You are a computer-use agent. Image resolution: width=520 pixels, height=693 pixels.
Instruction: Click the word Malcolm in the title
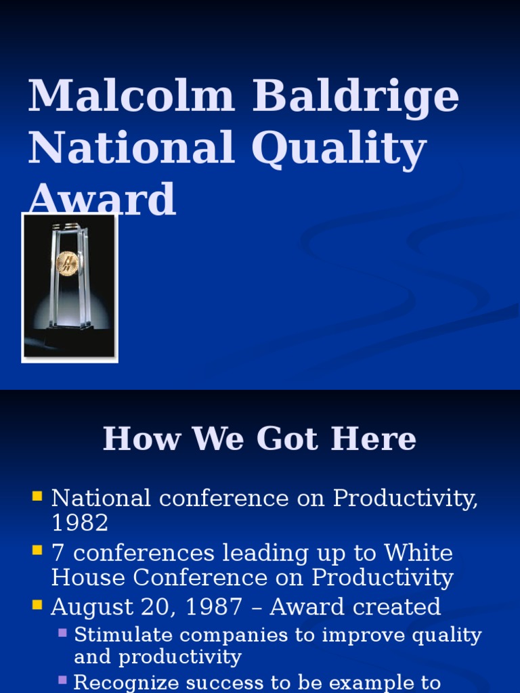[x=131, y=96]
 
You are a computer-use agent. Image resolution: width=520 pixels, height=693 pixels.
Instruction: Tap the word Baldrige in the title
[x=355, y=96]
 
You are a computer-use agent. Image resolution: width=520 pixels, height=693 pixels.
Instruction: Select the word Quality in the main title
[x=339, y=149]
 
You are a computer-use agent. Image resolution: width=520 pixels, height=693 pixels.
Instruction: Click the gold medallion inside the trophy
[x=67, y=263]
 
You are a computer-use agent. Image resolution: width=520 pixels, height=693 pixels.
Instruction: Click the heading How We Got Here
[x=259, y=439]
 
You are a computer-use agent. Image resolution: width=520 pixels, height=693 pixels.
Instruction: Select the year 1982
[x=79, y=523]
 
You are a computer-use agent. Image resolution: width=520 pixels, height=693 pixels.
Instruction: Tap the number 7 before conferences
[x=58, y=553]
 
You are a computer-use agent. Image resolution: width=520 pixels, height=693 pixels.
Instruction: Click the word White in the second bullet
[x=418, y=553]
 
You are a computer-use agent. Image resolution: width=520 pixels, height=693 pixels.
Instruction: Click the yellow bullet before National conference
[x=37, y=497]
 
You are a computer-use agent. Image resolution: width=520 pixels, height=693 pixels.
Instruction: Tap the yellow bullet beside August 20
[x=37, y=606]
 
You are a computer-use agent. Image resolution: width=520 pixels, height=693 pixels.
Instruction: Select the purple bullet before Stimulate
[x=62, y=633]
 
